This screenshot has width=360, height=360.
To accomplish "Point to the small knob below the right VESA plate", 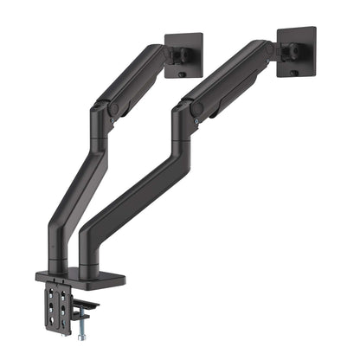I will click(x=292, y=74).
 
